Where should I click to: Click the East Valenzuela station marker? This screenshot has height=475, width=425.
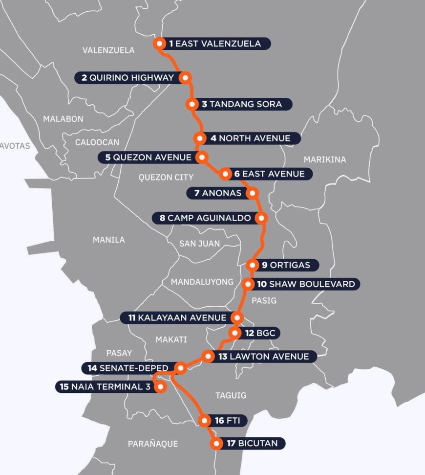(159, 44)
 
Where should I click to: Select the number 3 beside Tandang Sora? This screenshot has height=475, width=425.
(205, 104)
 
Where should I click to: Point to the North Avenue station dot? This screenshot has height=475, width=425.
(199, 138)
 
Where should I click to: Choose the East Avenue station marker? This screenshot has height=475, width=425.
(225, 174)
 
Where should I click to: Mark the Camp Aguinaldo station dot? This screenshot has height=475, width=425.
(263, 218)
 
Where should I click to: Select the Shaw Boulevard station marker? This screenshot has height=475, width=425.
(248, 284)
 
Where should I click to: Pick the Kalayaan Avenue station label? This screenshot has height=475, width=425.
(177, 318)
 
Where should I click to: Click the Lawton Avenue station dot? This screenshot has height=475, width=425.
(208, 357)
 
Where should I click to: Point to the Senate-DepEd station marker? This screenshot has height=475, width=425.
(180, 368)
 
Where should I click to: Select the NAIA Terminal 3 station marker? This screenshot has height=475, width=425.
(159, 387)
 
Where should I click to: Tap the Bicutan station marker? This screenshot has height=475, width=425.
(216, 444)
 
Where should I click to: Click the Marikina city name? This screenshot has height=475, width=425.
(324, 159)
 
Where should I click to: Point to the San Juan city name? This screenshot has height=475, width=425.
(199, 244)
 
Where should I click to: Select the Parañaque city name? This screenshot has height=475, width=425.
(153, 444)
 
